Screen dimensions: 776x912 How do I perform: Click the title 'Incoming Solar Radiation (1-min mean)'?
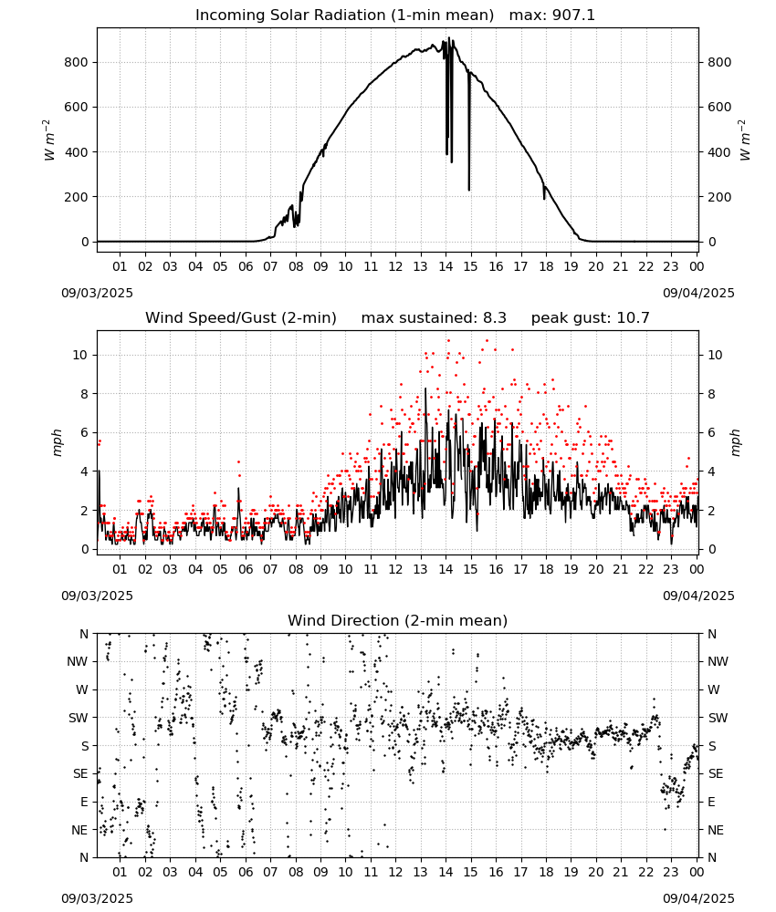coord(344,16)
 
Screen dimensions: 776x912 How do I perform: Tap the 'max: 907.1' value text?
coord(552,16)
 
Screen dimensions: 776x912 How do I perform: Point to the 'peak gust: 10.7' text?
coord(591,318)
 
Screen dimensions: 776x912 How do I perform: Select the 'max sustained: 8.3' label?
coord(434,318)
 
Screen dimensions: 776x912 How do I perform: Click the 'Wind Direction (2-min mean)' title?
coord(398,620)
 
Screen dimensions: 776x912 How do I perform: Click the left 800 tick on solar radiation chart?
coord(76,62)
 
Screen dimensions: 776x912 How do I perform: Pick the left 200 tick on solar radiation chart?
coord(76,197)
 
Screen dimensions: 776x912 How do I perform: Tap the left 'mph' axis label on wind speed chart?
coord(57,442)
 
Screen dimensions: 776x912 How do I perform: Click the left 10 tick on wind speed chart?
coord(80,355)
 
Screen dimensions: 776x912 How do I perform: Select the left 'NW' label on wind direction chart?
coord(78,662)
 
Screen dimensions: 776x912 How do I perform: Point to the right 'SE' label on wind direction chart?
coord(716,773)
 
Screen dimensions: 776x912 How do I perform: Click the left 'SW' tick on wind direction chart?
coord(78,718)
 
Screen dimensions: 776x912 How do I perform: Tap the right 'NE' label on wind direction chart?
coord(716,830)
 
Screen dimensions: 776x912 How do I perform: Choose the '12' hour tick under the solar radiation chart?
coord(396,266)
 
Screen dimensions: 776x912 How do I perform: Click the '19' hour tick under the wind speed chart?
coord(572,569)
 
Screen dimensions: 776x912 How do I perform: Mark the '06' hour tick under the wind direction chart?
coord(246,872)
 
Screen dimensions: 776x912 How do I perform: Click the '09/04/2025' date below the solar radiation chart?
coord(698,293)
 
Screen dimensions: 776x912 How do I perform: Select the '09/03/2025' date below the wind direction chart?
coord(97,898)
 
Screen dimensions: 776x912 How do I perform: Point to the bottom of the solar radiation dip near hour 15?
coord(468,190)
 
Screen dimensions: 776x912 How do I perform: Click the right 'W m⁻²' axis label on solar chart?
coord(745,140)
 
